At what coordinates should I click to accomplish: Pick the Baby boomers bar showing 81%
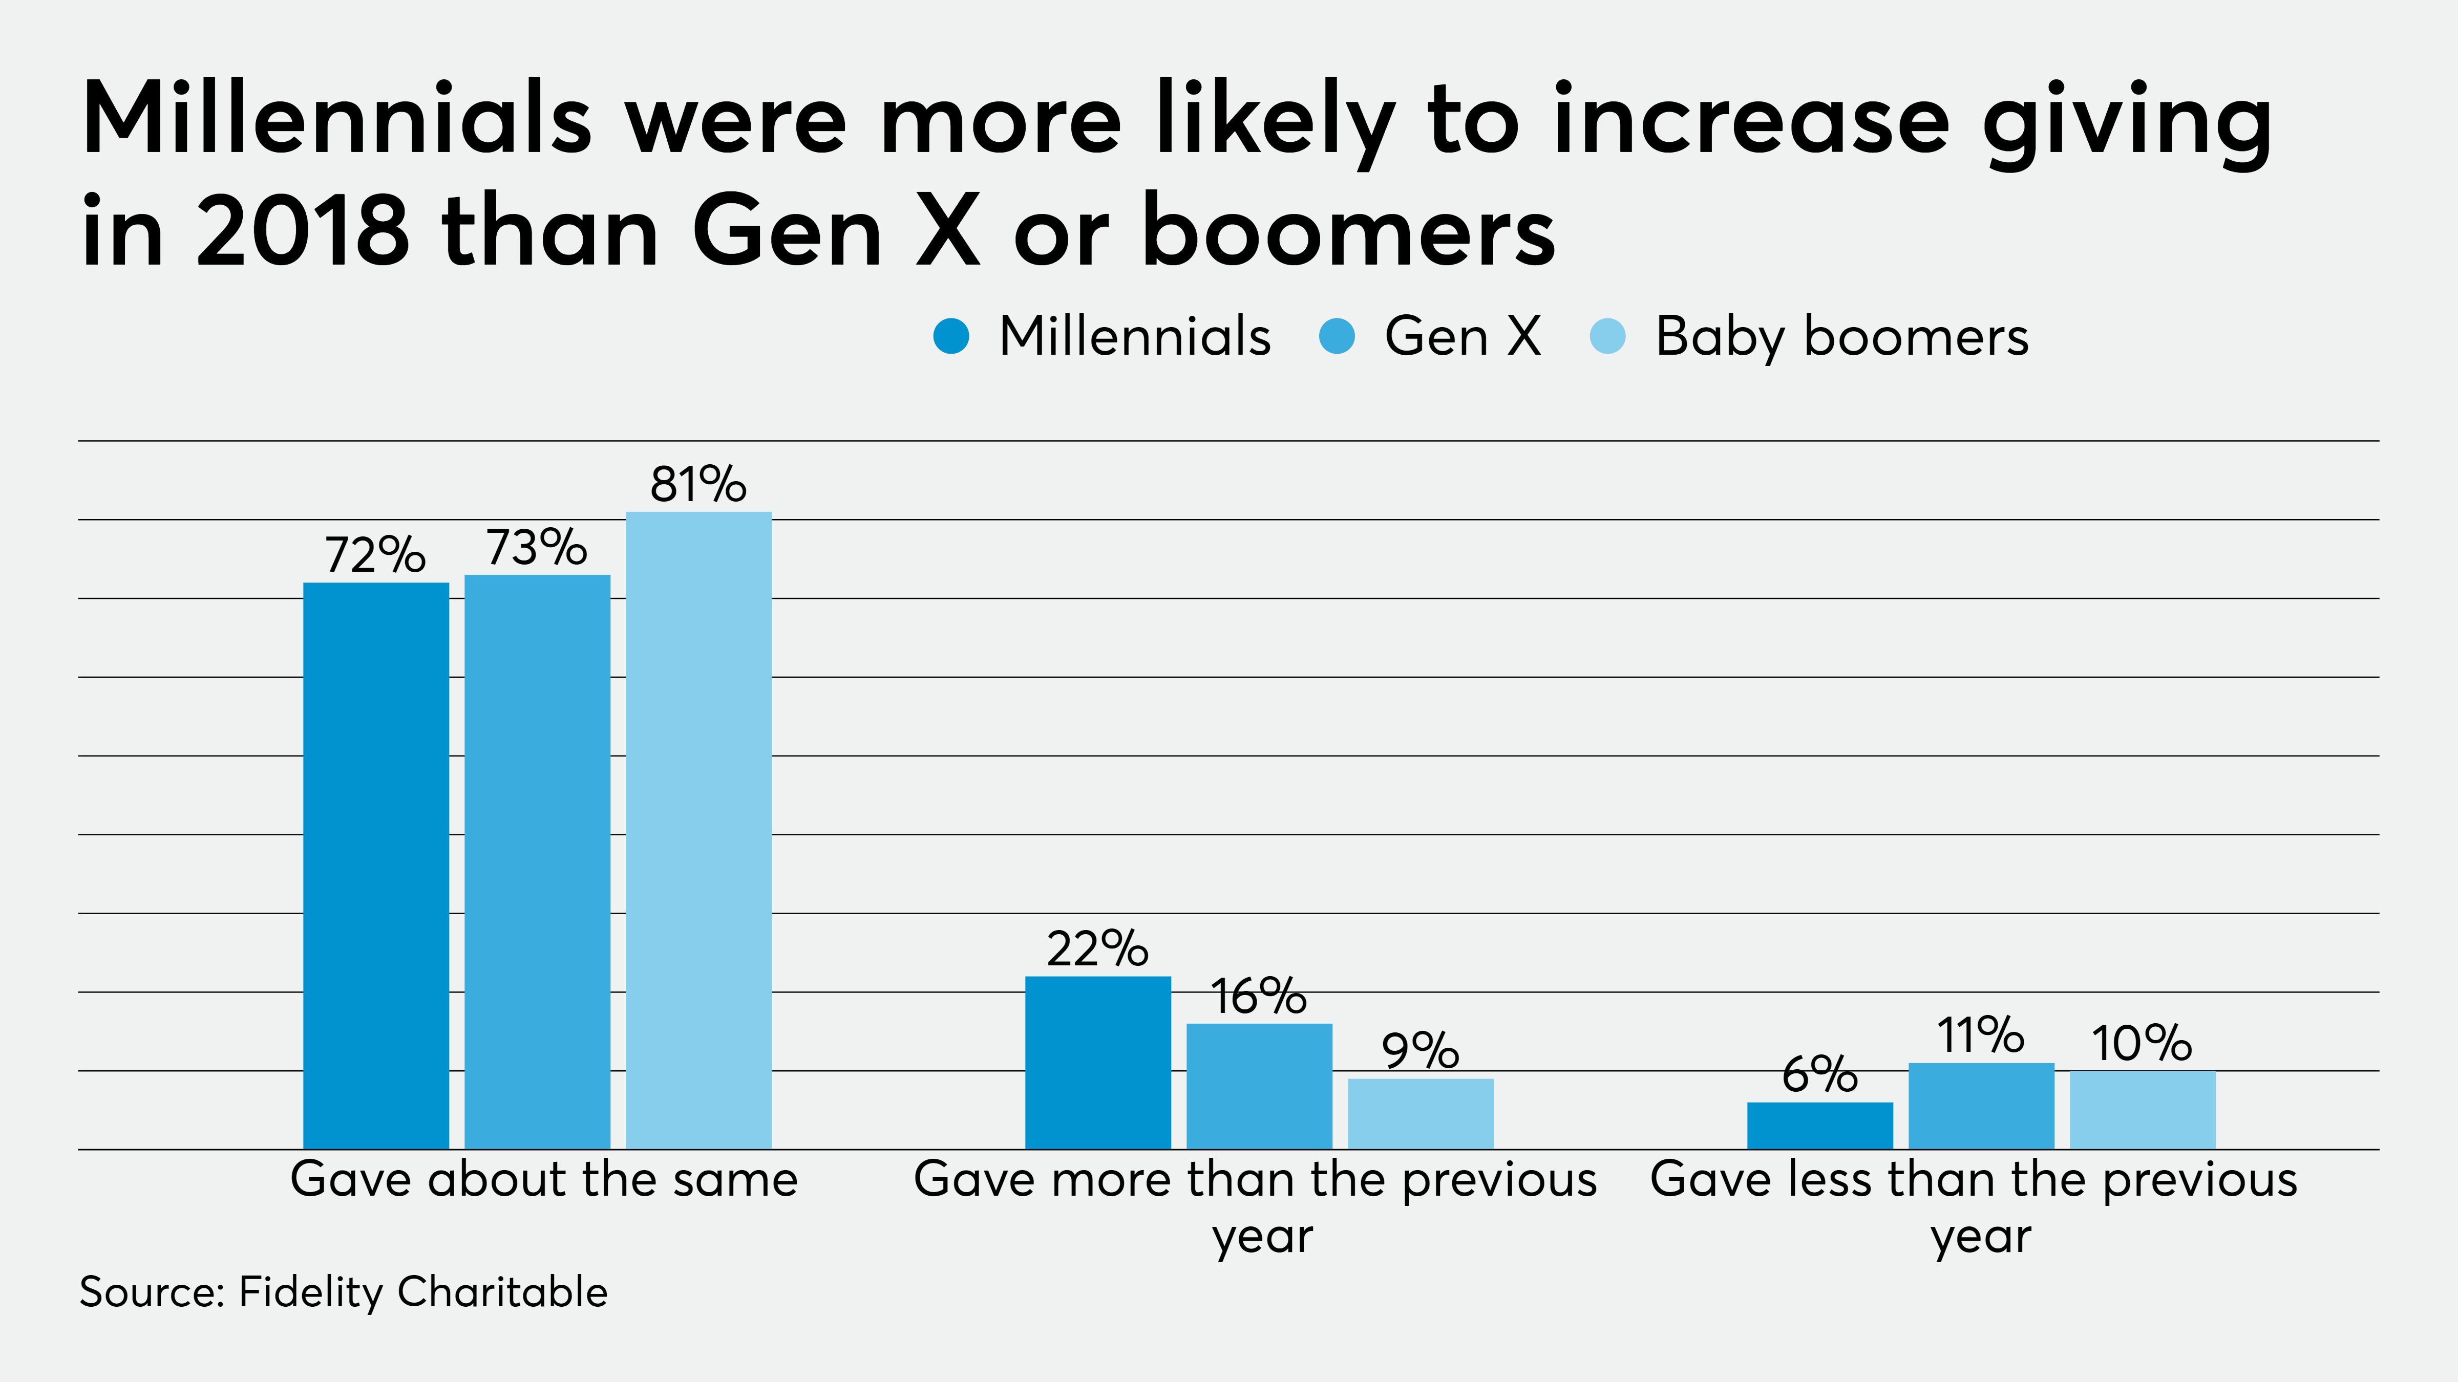coord(698,830)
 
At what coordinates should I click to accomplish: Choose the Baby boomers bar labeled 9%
coord(1420,1113)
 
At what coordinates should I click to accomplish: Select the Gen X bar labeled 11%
coord(1981,1106)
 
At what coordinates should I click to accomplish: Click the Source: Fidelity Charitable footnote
coord(344,1292)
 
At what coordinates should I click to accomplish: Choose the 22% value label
coord(1097,949)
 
